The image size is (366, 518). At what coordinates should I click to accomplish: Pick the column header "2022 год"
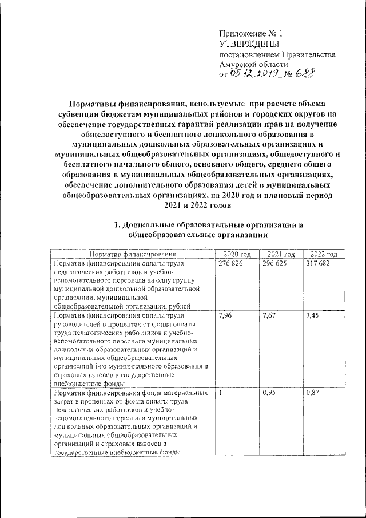323,254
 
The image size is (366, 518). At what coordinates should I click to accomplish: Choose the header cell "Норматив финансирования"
132,254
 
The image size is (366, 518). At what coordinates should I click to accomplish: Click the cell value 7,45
312,315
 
